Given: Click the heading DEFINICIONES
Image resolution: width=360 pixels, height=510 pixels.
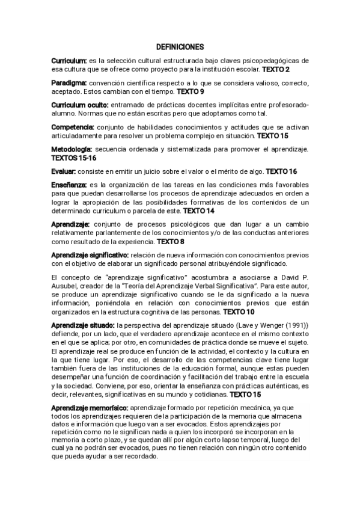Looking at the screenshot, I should pos(180,46).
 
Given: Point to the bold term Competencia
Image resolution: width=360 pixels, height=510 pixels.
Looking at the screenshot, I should pos(73,126).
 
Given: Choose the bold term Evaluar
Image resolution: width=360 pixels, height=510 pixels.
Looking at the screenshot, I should pos(64,171).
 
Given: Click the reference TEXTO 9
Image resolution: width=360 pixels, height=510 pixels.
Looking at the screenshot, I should pos(190,91).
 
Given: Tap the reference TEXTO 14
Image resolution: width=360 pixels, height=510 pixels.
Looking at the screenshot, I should pos(198,211).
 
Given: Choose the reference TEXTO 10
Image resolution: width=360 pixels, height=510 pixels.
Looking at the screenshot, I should pos(239,312).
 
